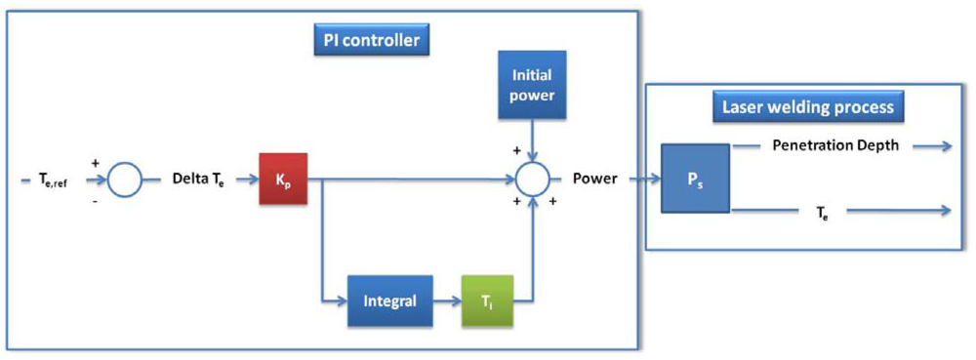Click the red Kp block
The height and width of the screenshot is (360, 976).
coord(283,179)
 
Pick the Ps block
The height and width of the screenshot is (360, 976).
coord(693,179)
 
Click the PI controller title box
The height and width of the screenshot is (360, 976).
coord(372,41)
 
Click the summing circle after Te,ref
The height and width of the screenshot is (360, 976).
coord(124,179)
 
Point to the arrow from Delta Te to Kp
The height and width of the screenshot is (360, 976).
coord(243,179)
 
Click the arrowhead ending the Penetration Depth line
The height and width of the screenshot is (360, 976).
coord(947,146)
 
